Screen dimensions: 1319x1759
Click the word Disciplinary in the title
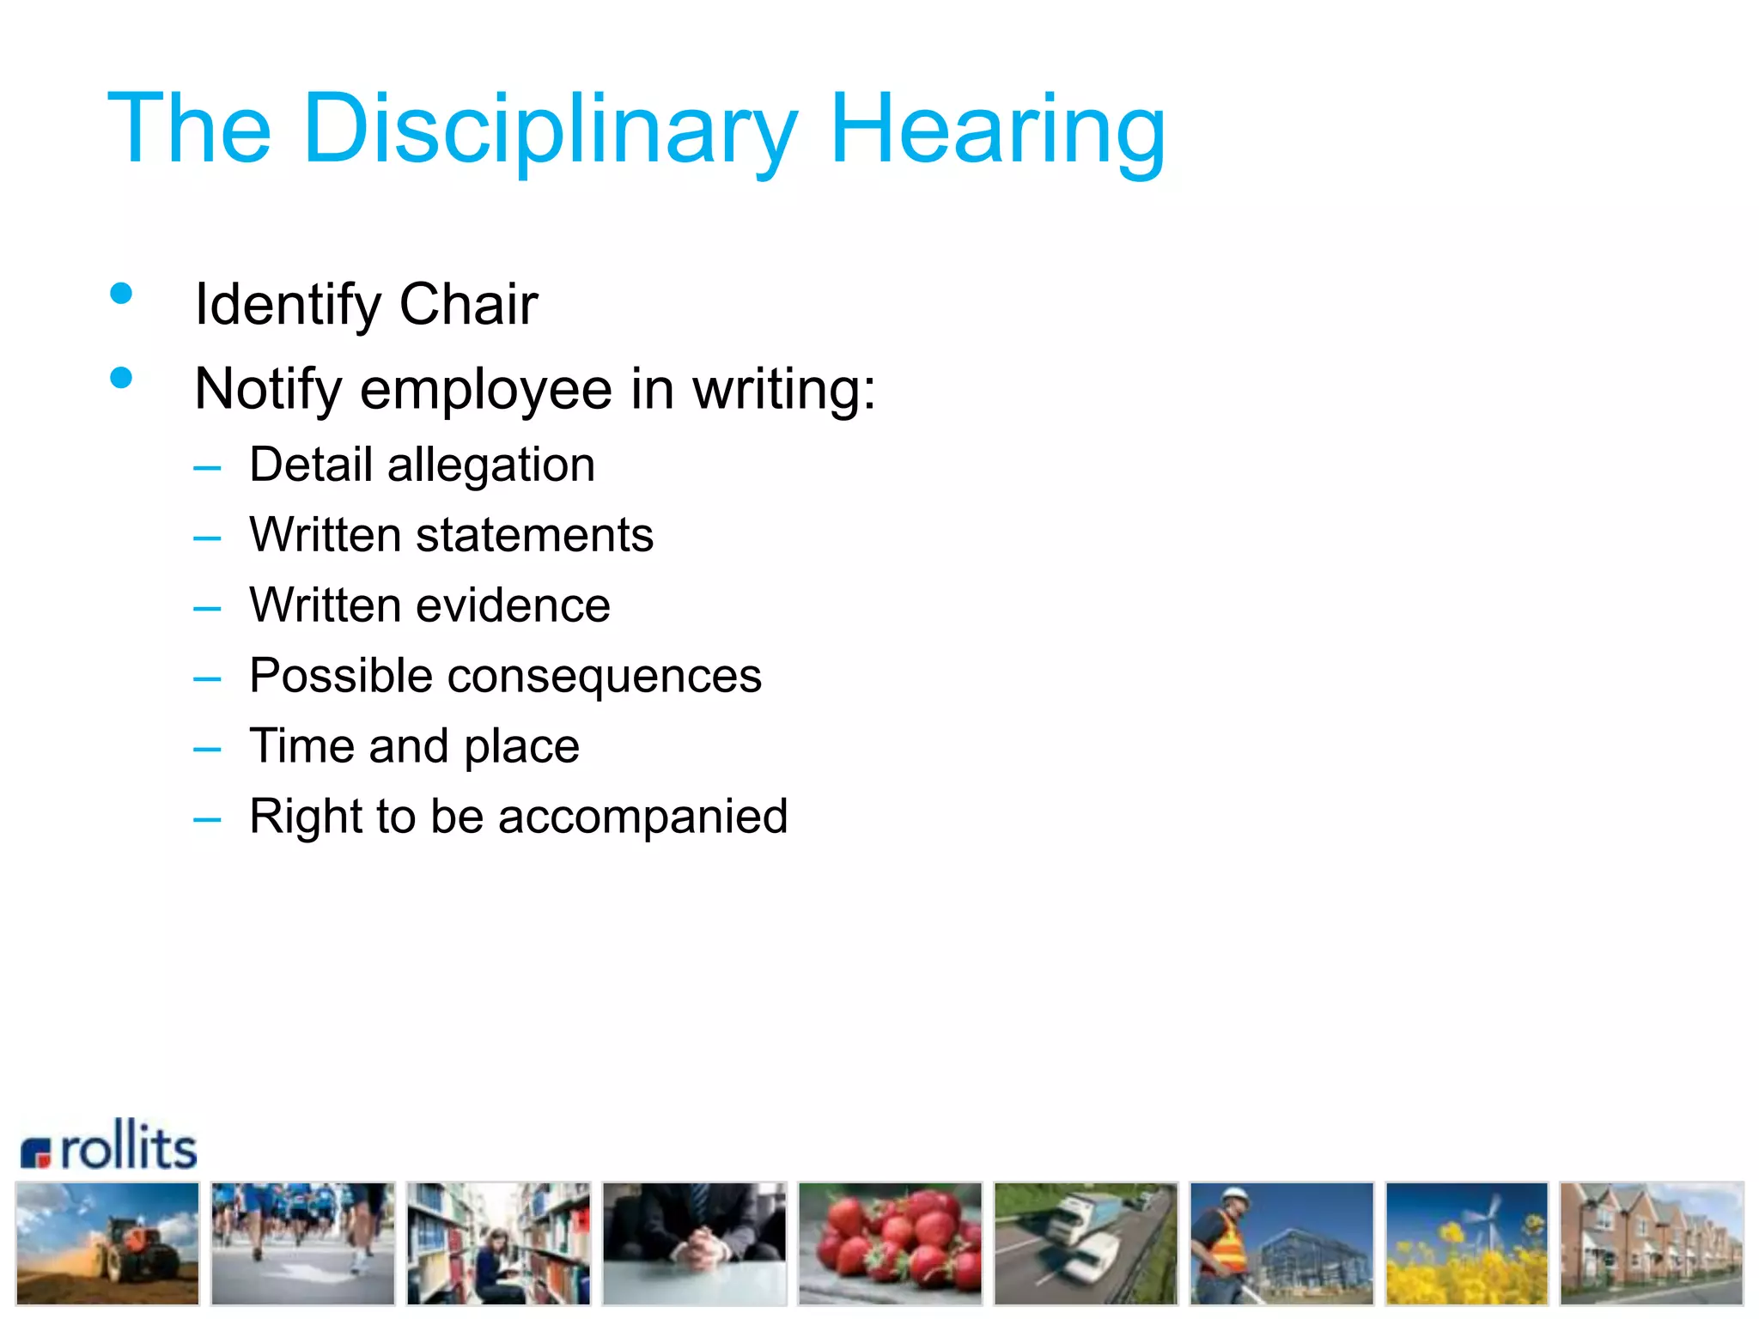tap(550, 131)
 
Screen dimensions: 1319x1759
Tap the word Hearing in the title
tap(997, 131)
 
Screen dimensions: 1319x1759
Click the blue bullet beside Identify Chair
tap(121, 295)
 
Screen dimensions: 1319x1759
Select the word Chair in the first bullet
tap(468, 305)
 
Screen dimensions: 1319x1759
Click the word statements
tap(534, 536)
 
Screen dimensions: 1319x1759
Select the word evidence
tap(513, 606)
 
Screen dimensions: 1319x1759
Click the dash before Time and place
tap(207, 749)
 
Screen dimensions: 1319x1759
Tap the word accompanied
tap(642, 817)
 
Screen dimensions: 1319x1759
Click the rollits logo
tap(110, 1146)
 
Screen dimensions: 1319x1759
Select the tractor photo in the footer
tap(107, 1243)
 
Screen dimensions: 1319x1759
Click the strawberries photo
tap(890, 1243)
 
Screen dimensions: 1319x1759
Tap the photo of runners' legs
tap(302, 1243)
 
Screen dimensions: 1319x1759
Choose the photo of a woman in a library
tap(498, 1243)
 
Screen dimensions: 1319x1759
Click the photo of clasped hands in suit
tap(694, 1243)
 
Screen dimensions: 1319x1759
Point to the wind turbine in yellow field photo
tap(1466, 1243)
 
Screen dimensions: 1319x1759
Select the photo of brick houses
tap(1651, 1243)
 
